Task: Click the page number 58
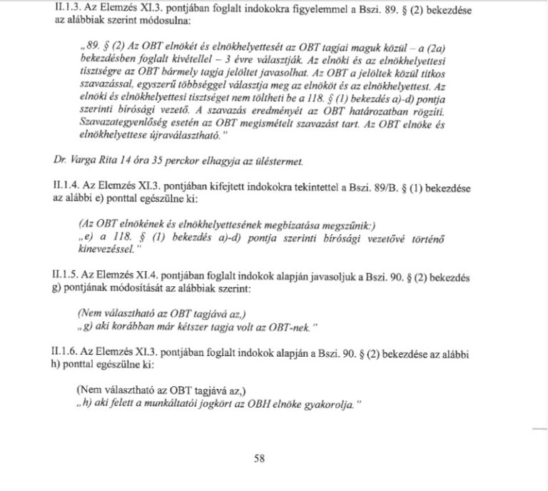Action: (259, 459)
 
